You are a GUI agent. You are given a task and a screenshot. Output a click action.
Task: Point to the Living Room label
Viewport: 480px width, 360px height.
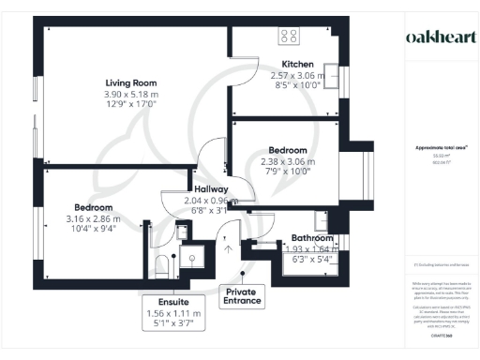(x=130, y=83)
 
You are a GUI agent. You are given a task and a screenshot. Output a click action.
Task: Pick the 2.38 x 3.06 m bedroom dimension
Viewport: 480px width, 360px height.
(x=288, y=160)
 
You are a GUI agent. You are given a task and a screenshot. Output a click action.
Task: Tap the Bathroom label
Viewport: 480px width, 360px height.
(x=312, y=239)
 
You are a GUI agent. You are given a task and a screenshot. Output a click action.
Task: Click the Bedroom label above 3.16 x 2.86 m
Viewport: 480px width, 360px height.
(x=94, y=207)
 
